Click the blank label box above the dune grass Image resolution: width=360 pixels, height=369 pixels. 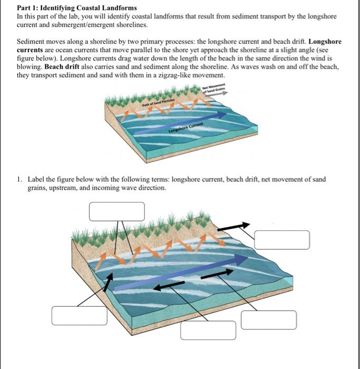(x=116, y=211)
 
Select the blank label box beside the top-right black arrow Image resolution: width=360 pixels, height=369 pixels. (x=281, y=240)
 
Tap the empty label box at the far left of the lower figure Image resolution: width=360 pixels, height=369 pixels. (x=79, y=315)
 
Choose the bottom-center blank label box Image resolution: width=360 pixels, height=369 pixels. (x=208, y=330)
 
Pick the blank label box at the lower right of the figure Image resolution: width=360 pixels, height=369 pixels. (x=269, y=320)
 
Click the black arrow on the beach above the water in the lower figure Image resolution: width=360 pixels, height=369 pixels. (x=233, y=226)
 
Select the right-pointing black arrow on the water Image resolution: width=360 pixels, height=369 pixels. (x=216, y=273)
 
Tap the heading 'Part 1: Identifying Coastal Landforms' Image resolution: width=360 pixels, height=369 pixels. (x=77, y=8)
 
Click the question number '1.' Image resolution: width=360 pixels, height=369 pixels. (x=20, y=179)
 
